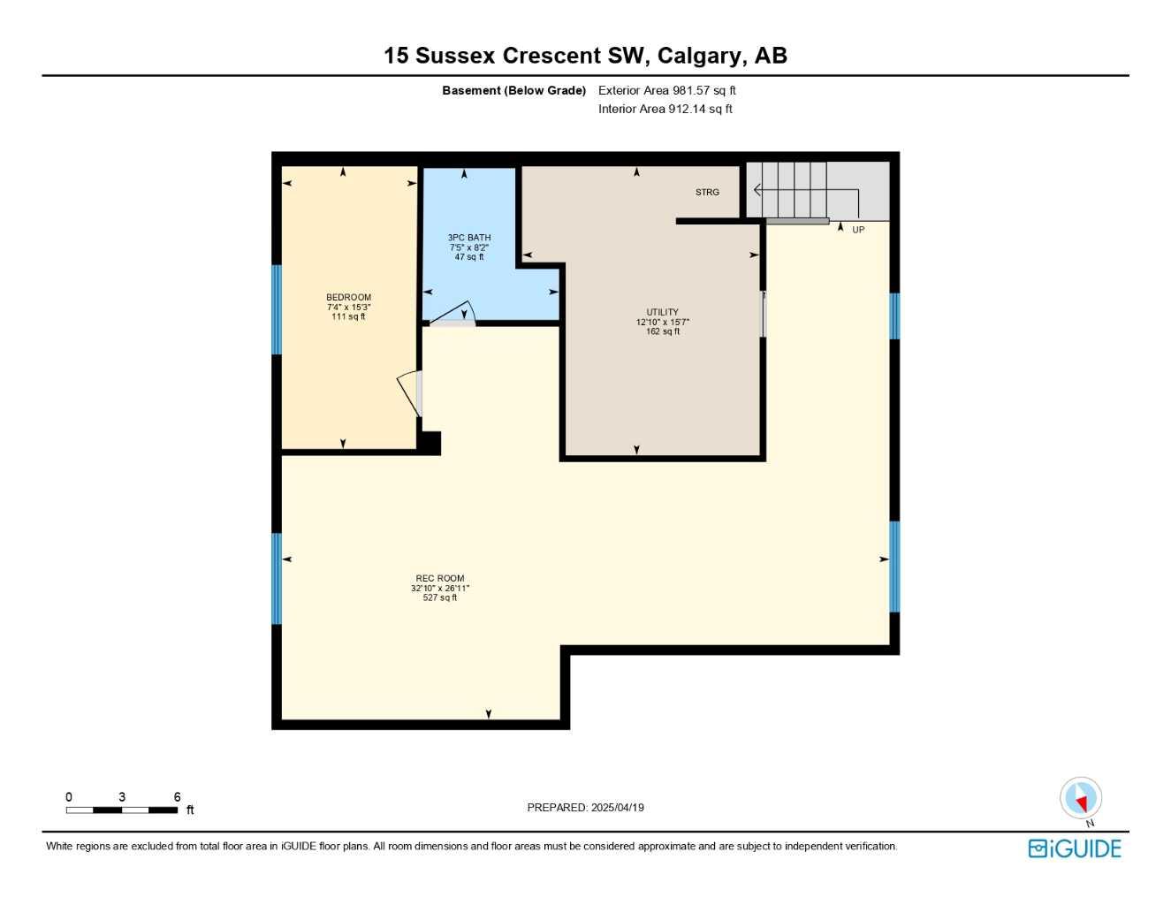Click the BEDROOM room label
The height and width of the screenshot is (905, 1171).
coord(348,297)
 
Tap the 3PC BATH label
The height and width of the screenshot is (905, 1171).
coord(468,238)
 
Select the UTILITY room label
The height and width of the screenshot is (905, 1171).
coord(662,312)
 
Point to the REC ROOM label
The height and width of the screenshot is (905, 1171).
coord(440,578)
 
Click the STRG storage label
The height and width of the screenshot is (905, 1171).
coord(707,193)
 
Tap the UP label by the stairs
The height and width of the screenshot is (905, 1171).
coord(858,230)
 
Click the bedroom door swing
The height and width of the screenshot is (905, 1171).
coord(408,393)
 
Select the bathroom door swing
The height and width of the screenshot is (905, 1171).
coord(452,313)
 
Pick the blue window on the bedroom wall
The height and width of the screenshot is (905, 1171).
coord(277,309)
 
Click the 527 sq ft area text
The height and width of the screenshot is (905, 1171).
coord(440,597)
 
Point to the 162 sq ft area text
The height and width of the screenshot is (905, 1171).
coord(662,331)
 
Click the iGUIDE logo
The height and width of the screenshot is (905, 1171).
coord(1074,848)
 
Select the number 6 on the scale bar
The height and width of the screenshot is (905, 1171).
coord(177,796)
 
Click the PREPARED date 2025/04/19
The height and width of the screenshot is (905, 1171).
coord(617,808)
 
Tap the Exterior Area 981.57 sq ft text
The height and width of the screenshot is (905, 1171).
coord(666,90)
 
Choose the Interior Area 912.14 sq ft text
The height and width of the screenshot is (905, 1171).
coord(665,109)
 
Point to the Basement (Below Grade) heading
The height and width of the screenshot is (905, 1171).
coord(513,90)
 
